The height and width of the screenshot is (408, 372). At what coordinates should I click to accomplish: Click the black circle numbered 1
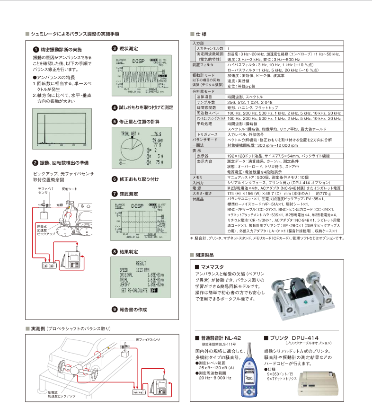[x=35, y=49]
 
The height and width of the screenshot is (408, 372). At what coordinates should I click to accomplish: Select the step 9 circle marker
[x=114, y=309]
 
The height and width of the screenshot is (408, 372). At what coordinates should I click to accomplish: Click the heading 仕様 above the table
[x=201, y=35]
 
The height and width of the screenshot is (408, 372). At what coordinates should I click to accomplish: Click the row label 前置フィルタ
[x=200, y=64]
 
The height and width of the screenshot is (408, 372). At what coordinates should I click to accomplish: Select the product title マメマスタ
[x=212, y=267]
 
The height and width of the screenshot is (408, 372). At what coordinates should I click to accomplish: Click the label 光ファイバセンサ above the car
[x=148, y=340]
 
